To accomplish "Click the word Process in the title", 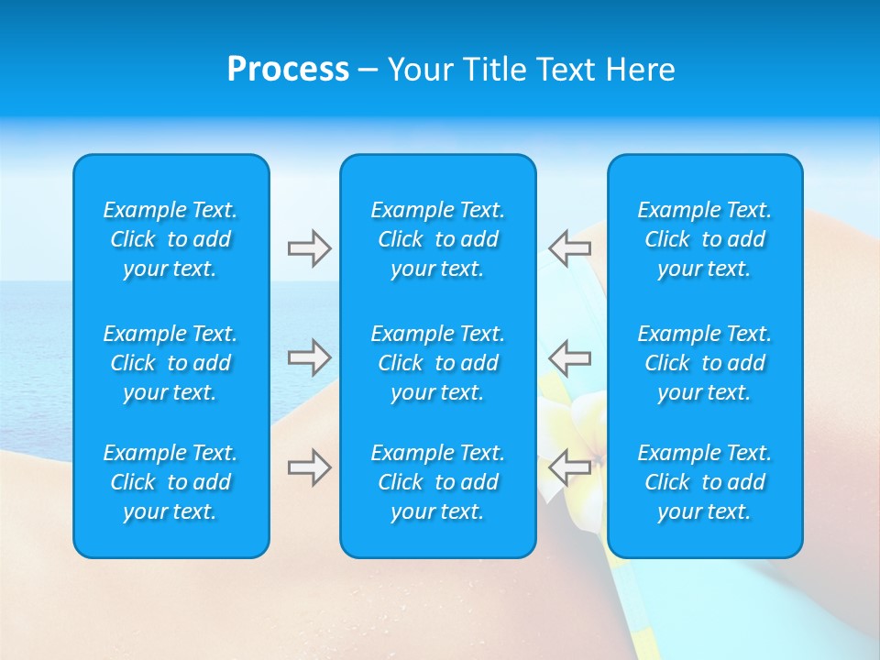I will (x=288, y=70).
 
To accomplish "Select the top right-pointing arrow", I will (x=309, y=248).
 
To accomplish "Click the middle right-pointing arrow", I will (x=309, y=357).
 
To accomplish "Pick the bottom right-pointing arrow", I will (x=309, y=467).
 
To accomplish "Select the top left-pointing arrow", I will (x=569, y=248).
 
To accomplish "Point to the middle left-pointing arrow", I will (x=569, y=357).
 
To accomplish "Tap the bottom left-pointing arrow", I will (x=569, y=467).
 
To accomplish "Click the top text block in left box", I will (x=170, y=239).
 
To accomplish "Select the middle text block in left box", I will (x=170, y=363).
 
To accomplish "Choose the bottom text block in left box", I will (x=170, y=482).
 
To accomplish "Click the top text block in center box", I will (x=437, y=239).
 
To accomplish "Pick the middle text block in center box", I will (x=437, y=363).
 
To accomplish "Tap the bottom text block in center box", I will (x=437, y=482).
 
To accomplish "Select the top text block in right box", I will (x=704, y=239).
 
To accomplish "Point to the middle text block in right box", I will (x=704, y=363).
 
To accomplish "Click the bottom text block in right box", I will (x=704, y=482).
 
